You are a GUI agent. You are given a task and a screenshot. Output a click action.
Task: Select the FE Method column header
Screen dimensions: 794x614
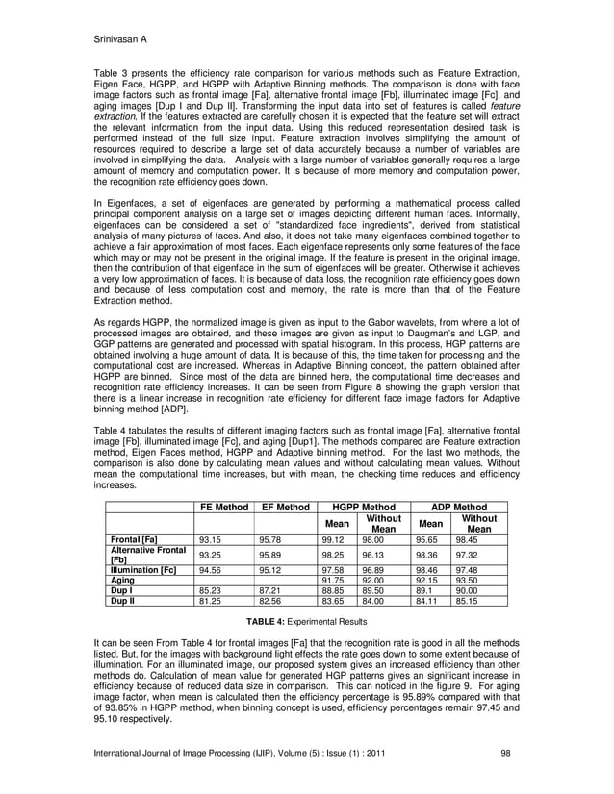223,507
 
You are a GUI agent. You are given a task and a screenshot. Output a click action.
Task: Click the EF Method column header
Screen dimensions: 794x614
285,507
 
